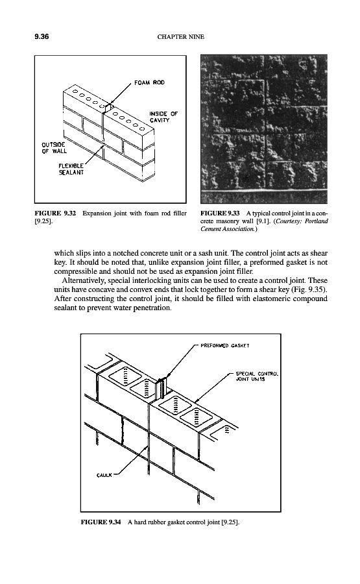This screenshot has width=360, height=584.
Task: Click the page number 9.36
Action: (x=42, y=36)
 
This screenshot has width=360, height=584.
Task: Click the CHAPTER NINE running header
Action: (x=180, y=36)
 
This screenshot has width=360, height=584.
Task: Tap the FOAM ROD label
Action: (x=149, y=82)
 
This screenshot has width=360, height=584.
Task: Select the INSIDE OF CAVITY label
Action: (x=163, y=117)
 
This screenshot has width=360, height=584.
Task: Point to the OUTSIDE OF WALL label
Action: (x=54, y=148)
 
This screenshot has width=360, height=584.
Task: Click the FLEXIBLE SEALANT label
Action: (x=71, y=169)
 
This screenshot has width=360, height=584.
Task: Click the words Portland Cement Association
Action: (x=264, y=225)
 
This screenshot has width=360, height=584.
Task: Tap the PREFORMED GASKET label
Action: (x=225, y=345)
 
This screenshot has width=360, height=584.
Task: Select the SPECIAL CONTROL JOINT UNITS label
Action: (x=257, y=376)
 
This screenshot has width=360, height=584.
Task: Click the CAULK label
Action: (x=104, y=475)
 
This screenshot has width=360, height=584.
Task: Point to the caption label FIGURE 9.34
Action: (x=101, y=522)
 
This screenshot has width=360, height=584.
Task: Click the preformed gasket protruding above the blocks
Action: (x=162, y=387)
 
